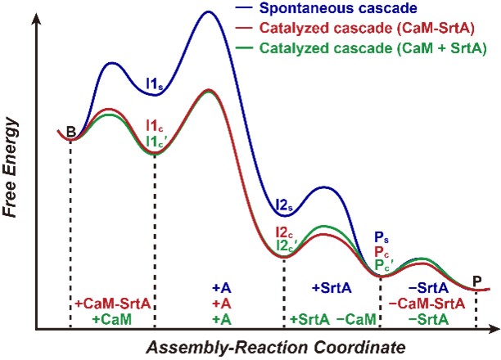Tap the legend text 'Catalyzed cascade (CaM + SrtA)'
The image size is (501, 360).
[x=372, y=48]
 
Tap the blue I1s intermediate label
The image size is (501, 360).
[x=153, y=83]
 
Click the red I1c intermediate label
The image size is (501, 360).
[x=153, y=125]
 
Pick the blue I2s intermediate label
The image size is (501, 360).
[x=284, y=205]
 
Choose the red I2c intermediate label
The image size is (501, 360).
[x=282, y=232]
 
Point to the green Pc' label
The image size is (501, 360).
[x=382, y=264]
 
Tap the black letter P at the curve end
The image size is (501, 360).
[x=476, y=281]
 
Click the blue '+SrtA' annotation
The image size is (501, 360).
[x=331, y=288]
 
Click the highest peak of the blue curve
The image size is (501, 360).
[x=213, y=11]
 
